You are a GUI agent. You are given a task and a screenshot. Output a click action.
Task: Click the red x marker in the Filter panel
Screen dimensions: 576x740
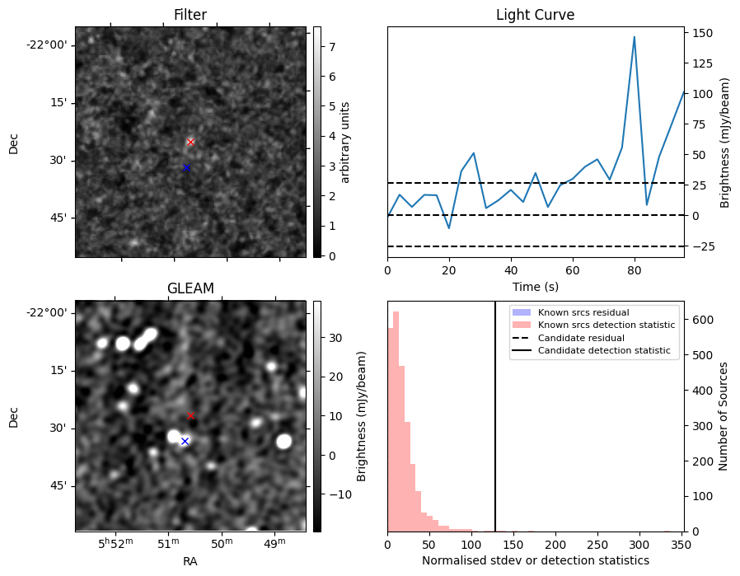pos(190,142)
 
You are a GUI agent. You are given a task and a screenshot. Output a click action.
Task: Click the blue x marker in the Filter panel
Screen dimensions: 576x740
pos(186,167)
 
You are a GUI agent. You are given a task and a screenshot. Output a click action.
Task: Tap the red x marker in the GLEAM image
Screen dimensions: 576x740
pos(190,415)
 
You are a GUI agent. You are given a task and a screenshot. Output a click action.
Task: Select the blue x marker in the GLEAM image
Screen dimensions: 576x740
pos(185,441)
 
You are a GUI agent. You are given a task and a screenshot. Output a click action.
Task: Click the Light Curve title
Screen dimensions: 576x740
pos(535,15)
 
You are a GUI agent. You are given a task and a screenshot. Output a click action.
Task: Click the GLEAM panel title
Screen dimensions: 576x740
pos(190,288)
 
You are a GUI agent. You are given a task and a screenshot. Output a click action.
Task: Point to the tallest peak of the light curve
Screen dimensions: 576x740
pos(634,37)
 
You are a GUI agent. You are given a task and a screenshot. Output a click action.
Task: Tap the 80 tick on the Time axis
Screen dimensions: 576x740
pos(634,269)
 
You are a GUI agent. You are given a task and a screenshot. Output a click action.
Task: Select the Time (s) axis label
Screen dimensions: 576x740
pos(535,285)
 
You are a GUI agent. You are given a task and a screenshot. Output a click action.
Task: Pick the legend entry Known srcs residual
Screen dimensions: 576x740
pos(583,312)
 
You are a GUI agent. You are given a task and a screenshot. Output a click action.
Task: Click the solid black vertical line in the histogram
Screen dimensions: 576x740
pos(494,428)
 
